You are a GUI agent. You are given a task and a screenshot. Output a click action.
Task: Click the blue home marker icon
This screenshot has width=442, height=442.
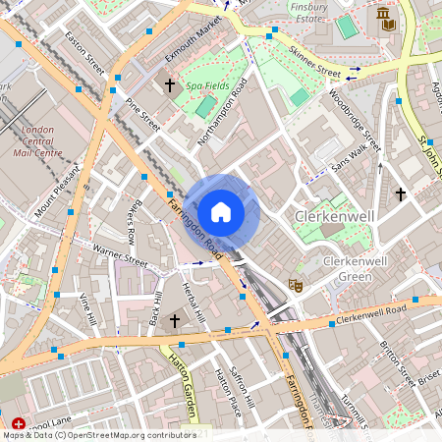[x=221, y=211]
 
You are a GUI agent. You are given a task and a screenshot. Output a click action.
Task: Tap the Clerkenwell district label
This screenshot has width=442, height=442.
[x=334, y=214]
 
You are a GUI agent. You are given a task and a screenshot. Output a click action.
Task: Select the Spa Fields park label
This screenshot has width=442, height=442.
[x=208, y=86]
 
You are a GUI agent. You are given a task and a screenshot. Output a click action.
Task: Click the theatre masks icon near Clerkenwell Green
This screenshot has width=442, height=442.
[x=294, y=285]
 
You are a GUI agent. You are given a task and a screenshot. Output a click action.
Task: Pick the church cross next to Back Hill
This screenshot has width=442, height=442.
[x=175, y=321]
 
